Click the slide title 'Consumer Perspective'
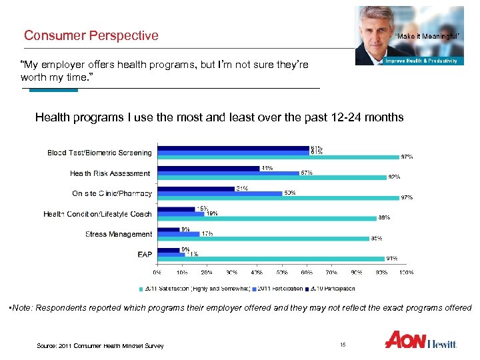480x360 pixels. pyautogui.click(x=91, y=35)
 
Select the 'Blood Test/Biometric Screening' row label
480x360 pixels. pyautogui.click(x=99, y=153)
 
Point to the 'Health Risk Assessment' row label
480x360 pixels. pyautogui.click(x=110, y=173)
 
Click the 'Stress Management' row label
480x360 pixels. pyautogui.click(x=118, y=234)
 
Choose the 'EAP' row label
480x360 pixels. pyautogui.click(x=144, y=254)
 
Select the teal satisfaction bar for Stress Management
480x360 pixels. pyautogui.click(x=263, y=239)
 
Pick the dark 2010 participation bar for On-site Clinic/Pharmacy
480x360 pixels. pyautogui.click(x=196, y=189)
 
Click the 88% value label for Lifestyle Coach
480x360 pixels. pyautogui.click(x=385, y=217)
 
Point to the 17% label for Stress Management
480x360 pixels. pyautogui.click(x=207, y=233)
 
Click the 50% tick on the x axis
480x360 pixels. pyautogui.click(x=281, y=272)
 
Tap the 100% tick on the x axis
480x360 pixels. pyautogui.click(x=406, y=272)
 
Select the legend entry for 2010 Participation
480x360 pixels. pyautogui.click(x=331, y=289)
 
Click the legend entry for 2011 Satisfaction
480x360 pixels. pyautogui.click(x=193, y=289)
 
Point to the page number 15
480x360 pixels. pyautogui.click(x=343, y=345)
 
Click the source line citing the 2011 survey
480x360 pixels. pyautogui.click(x=100, y=345)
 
